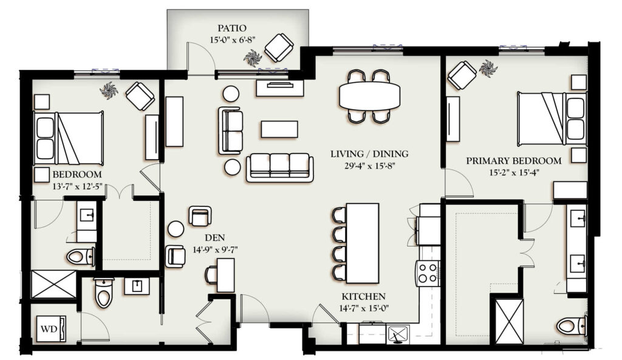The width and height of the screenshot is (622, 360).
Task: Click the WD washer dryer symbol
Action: coord(51,328)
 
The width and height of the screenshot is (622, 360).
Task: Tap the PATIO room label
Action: coord(231,28)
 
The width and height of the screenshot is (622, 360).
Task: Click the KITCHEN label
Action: coord(363,297)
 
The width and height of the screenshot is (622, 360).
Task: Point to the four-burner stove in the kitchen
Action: coord(428,273)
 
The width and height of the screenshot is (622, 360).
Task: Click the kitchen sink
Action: coord(397,333)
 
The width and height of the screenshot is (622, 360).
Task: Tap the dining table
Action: coord(370,97)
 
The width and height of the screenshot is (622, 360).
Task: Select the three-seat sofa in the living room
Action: coord(279,168)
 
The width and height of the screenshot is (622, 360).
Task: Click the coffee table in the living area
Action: coord(279,129)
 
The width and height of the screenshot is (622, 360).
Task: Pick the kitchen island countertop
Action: coord(363,243)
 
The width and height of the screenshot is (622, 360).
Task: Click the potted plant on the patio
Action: coord(252,58)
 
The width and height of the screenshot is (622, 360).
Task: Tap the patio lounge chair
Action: coord(279,47)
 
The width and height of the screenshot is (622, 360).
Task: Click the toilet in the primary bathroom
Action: coord(572,326)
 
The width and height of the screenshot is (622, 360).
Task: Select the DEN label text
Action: coord(215,238)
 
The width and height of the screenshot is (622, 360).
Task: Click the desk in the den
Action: coord(225,275)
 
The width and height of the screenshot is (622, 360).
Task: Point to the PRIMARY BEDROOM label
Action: coord(514,161)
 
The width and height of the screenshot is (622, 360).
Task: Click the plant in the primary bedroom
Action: coord(488,68)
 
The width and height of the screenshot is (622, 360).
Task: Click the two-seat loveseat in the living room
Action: coord(230,131)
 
